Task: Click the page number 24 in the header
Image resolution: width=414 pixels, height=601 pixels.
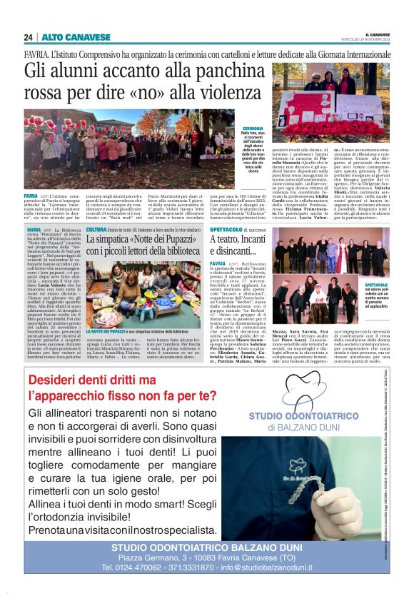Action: [29, 37]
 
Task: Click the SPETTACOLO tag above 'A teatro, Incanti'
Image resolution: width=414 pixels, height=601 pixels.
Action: [228, 230]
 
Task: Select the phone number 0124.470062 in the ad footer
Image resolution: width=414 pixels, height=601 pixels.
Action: [140, 567]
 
